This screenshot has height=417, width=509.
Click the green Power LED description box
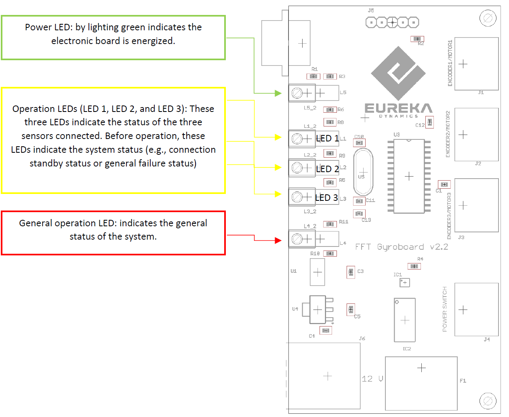pos(113,38)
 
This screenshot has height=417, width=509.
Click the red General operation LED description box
pos(113,233)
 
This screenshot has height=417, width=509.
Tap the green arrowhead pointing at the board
pos(278,93)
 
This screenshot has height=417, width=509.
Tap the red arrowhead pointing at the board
pos(278,240)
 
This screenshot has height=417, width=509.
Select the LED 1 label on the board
pos(327,138)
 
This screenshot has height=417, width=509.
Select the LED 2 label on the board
pos(327,169)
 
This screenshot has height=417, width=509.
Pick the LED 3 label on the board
pos(326,198)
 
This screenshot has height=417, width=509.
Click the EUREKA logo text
pos(398,108)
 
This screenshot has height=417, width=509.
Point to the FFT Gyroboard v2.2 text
pos(402,247)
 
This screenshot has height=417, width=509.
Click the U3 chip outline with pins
pos(409,176)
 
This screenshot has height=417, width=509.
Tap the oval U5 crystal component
pos(363,172)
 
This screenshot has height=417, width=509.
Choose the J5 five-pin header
pos(392,22)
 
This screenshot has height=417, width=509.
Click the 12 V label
pos(372,379)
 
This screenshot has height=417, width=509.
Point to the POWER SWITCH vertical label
pos(445,309)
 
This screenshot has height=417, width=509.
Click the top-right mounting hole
pos(488,18)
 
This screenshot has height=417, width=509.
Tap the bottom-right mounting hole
pos(488,401)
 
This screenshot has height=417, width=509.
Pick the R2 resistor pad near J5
pos(417,39)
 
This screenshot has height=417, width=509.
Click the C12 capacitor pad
pos(429,122)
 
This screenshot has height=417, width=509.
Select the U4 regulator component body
pos(318,310)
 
